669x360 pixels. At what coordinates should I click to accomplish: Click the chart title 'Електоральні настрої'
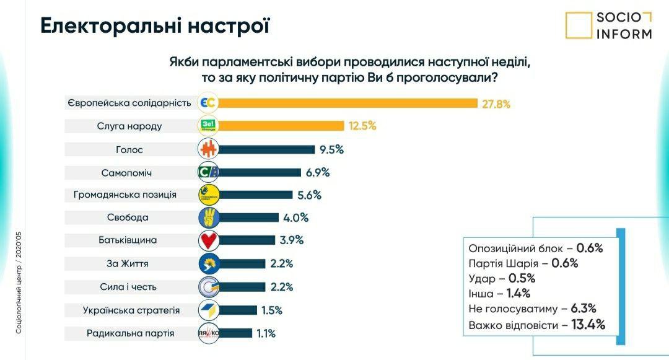[155, 27]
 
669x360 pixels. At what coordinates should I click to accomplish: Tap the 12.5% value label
[362, 126]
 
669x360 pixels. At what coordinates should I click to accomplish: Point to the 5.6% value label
[309, 195]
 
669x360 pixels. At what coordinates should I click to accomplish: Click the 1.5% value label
[272, 310]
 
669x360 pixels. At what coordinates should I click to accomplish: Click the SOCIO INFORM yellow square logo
[579, 25]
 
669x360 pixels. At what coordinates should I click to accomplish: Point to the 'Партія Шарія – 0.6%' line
[523, 263]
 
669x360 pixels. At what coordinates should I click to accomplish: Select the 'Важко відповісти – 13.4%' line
[536, 324]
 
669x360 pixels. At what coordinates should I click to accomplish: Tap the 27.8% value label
[496, 103]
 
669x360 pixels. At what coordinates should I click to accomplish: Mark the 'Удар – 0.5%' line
[502, 278]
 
